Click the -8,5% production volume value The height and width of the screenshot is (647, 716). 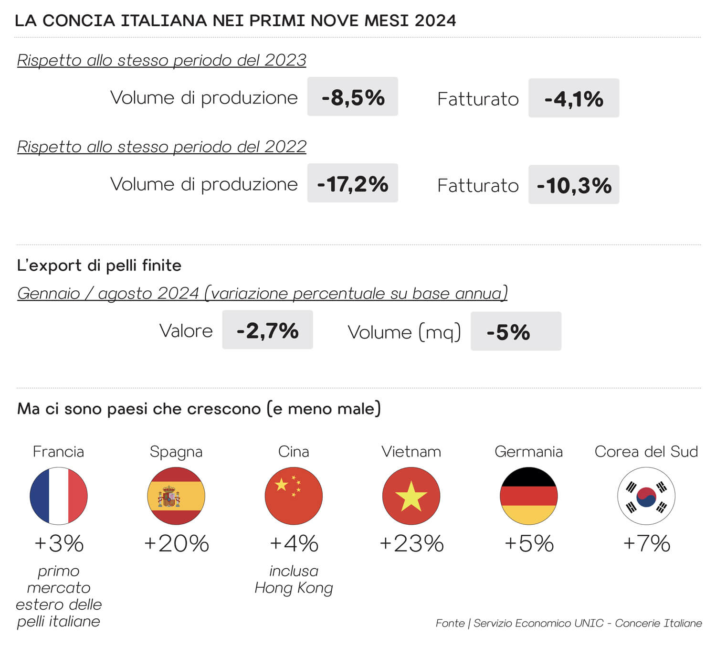353,97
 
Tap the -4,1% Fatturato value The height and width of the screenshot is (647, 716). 574,99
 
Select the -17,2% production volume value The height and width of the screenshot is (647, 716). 353,184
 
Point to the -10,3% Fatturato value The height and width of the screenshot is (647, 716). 574,185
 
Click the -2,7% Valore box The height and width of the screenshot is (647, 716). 267,330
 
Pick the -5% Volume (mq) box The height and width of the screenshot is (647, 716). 516,332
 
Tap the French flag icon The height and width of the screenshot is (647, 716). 59,496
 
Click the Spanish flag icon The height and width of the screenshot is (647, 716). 176,496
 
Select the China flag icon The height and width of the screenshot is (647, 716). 294,496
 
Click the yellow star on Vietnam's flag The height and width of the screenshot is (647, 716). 411,497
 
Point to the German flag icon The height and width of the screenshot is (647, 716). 528,496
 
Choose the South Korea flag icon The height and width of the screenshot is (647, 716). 646,496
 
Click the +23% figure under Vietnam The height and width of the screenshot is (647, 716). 411,543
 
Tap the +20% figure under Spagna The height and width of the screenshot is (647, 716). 177,543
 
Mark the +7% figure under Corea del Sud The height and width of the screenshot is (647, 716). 647,543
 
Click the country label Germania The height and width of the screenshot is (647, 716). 528,452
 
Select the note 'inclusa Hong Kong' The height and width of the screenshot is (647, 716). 294,579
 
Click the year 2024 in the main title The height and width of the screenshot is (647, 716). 435,21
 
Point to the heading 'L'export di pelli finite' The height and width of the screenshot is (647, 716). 99,265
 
